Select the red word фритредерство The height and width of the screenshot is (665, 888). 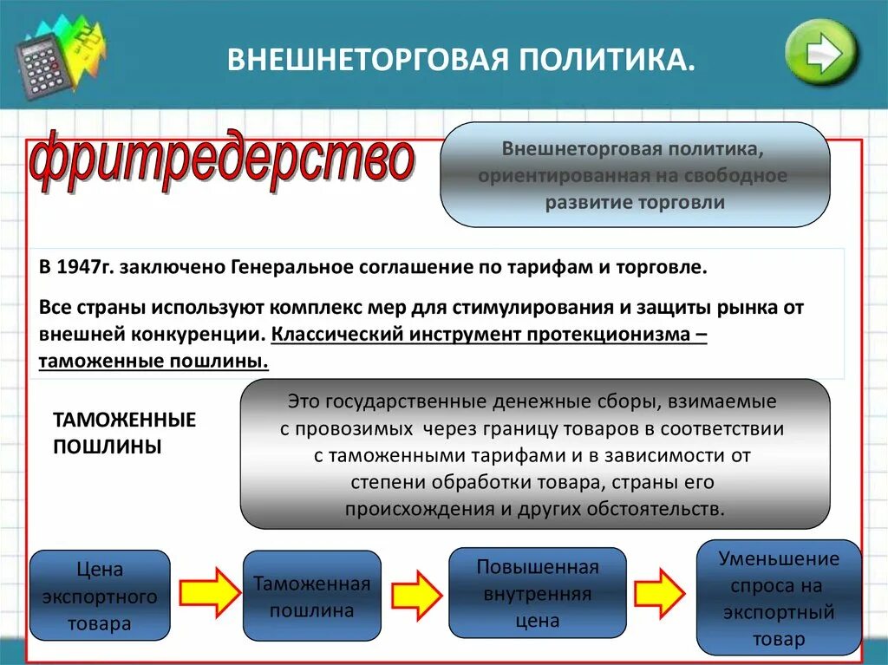(x=222, y=161)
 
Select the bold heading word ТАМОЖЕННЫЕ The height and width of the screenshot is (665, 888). (x=125, y=421)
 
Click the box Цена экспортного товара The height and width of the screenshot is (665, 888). (x=99, y=597)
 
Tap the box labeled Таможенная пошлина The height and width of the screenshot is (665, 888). (x=311, y=597)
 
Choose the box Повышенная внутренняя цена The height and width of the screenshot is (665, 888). (x=537, y=593)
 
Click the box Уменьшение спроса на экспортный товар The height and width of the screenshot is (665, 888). (x=779, y=598)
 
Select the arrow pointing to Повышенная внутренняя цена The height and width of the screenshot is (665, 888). (x=416, y=595)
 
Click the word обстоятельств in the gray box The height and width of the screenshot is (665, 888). (x=665, y=508)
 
